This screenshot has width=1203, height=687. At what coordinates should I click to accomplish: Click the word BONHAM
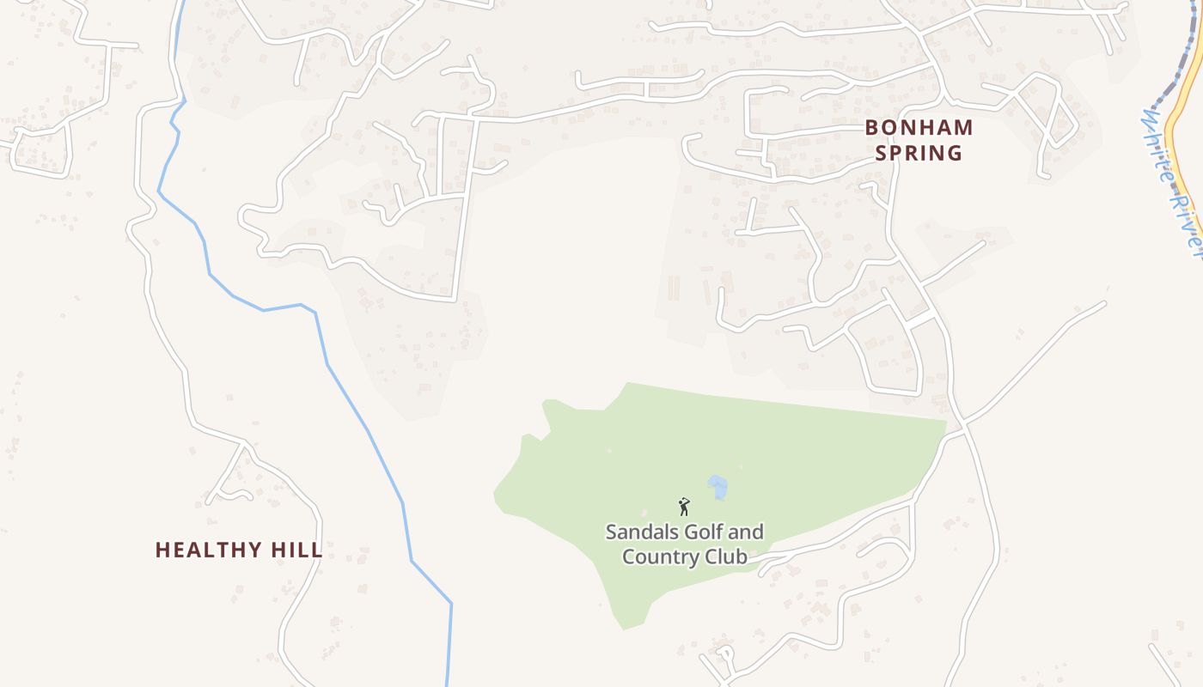[x=919, y=128]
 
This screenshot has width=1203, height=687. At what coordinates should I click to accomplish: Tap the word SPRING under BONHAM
[x=919, y=154]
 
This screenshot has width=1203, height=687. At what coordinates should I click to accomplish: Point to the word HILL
[x=301, y=550]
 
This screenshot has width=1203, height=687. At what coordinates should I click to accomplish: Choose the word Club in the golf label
[x=727, y=556]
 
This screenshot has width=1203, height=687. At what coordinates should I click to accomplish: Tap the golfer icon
[x=685, y=507]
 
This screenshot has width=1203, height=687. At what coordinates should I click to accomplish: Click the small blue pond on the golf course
[x=718, y=487]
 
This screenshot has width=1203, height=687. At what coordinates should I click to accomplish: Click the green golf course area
[x=773, y=455]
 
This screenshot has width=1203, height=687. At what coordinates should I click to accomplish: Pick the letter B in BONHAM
[x=871, y=128]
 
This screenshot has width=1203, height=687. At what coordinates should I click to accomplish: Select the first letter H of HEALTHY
[x=162, y=550]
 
